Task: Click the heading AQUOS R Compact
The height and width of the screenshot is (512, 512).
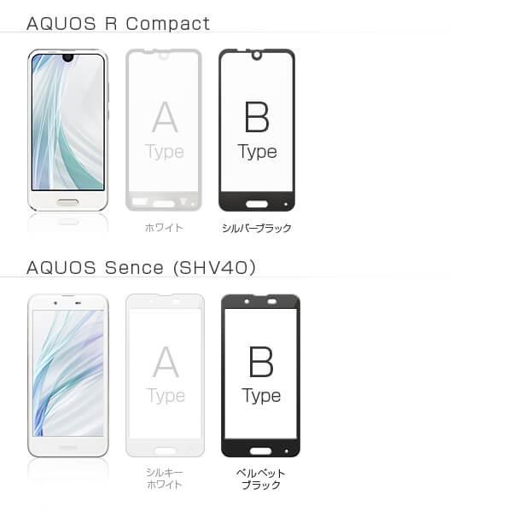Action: click(x=118, y=23)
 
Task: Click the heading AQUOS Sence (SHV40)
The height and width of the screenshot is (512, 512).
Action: click(x=141, y=267)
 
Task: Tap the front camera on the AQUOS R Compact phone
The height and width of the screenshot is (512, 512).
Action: click(x=67, y=59)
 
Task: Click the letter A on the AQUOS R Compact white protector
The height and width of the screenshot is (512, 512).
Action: click(x=165, y=117)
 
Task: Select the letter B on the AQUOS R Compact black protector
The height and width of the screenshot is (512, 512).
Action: click(x=257, y=117)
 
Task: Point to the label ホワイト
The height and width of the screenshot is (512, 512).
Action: click(x=164, y=228)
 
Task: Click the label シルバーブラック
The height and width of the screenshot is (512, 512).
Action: click(x=257, y=228)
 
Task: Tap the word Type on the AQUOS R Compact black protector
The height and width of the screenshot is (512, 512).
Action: click(x=257, y=152)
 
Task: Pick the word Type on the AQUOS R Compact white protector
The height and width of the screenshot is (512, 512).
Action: click(x=165, y=152)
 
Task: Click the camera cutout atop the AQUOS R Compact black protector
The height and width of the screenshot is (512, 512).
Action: click(x=256, y=57)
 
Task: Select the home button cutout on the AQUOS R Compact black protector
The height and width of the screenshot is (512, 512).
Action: click(x=256, y=204)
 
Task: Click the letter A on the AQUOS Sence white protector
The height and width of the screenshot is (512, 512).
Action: click(x=166, y=362)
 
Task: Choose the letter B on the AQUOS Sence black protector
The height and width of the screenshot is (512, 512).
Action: click(x=260, y=362)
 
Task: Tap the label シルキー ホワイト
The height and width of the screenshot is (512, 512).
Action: click(x=165, y=479)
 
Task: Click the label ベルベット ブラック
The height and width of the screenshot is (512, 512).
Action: click(x=260, y=479)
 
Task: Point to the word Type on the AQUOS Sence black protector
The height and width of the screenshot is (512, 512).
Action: click(x=260, y=396)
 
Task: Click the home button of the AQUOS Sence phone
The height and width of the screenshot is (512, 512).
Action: click(x=68, y=445)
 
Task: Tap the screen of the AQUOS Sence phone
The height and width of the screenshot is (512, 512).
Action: click(x=68, y=372)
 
